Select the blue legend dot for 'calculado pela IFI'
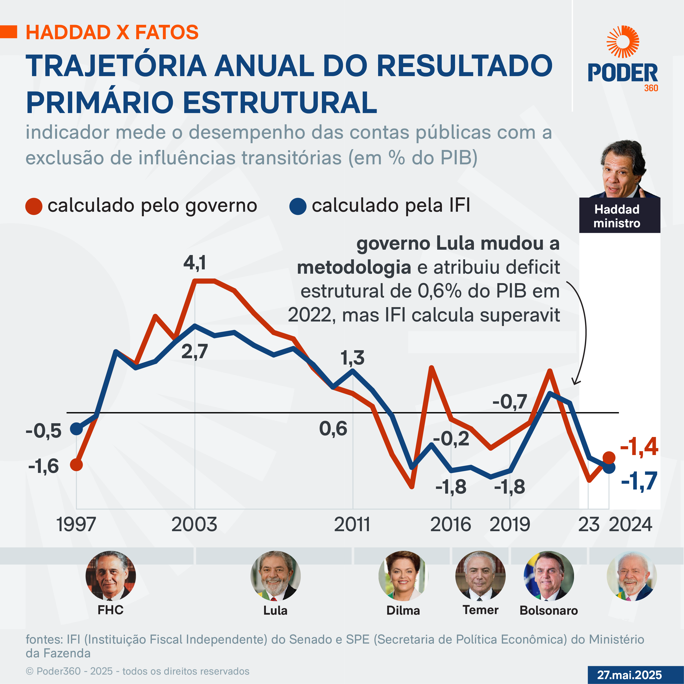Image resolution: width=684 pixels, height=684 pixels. coord(298,206)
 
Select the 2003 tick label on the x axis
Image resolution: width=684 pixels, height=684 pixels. coord(194,524)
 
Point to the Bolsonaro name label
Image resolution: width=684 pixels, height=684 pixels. coord(548,610)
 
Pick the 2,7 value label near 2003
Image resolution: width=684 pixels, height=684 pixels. coord(194,352)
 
